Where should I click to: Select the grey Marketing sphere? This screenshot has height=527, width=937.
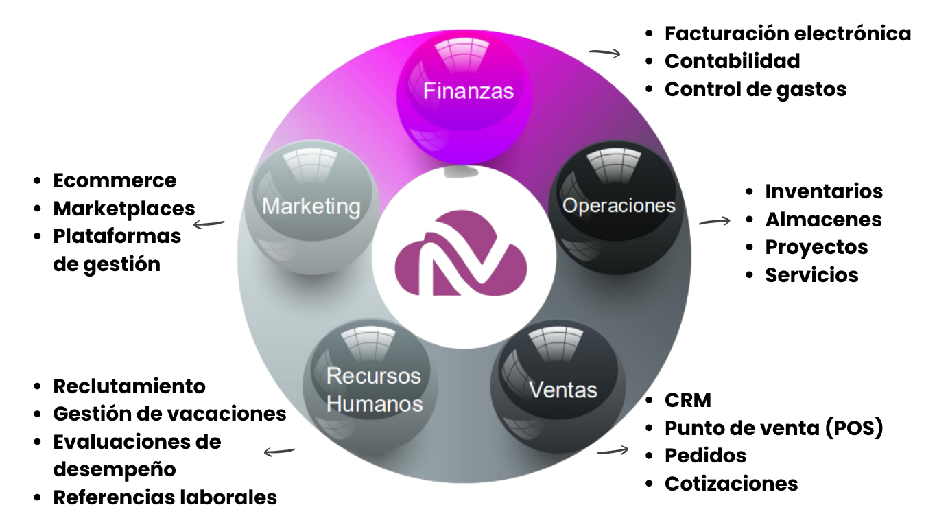311,206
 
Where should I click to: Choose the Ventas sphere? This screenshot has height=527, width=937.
562,389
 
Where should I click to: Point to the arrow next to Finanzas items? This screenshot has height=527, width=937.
604,52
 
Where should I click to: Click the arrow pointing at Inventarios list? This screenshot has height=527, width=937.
714,221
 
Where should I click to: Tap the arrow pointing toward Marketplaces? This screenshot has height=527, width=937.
209,223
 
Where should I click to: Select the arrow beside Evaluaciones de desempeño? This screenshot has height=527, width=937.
279,451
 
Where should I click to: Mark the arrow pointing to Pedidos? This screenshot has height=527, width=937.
613,451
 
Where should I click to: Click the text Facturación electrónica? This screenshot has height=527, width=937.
787,33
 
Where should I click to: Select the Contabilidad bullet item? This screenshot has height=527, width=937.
732,61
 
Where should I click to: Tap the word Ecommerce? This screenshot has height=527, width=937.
115,180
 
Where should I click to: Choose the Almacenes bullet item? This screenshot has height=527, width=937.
823,219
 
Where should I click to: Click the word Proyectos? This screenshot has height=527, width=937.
816,247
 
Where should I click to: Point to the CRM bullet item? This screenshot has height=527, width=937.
687,399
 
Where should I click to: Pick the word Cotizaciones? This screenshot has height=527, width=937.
731,483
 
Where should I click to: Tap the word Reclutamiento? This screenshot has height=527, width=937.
129,386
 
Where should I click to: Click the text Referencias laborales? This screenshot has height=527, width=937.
165,497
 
